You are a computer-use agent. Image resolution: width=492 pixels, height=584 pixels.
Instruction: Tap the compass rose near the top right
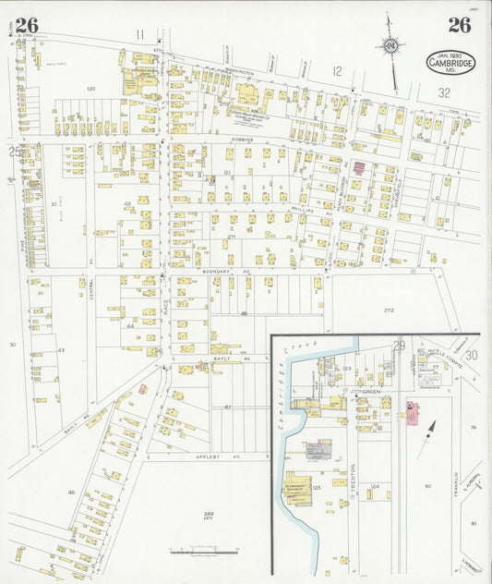(x=391, y=45)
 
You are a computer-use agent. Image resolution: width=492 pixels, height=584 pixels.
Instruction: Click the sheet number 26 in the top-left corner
(x=26, y=25)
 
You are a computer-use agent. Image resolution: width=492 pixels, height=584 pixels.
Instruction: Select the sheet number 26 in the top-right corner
(x=459, y=25)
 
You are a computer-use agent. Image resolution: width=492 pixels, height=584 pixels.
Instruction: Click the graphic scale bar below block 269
(x=203, y=552)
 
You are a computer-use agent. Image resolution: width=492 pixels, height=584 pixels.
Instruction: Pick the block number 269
(x=209, y=512)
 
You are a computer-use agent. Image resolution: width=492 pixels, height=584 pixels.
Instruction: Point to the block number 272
(x=389, y=310)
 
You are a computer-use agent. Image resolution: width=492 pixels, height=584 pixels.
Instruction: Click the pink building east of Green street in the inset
(x=411, y=413)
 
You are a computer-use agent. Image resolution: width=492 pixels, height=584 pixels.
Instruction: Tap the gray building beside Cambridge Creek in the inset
(x=318, y=450)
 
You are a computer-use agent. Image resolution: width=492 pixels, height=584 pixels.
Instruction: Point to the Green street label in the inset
(x=371, y=392)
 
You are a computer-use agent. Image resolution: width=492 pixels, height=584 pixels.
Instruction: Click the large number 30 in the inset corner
(x=472, y=355)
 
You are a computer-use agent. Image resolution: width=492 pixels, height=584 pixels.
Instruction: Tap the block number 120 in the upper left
(x=90, y=89)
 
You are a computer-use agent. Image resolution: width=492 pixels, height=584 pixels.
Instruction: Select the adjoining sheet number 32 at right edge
(x=443, y=92)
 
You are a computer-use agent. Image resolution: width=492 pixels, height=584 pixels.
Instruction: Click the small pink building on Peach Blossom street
(x=360, y=167)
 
